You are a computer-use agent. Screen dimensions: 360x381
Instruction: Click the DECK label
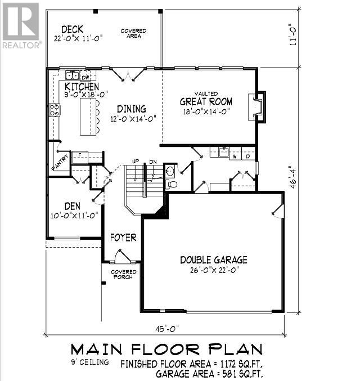pyautogui.click(x=72, y=29)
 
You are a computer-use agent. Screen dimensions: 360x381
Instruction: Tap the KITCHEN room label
pyautogui.click(x=82, y=87)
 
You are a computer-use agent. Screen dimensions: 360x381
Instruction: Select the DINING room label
pyautogui.click(x=132, y=109)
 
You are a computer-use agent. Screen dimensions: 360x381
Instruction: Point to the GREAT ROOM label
pyautogui.click(x=206, y=101)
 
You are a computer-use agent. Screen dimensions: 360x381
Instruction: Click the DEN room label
pyautogui.click(x=73, y=207)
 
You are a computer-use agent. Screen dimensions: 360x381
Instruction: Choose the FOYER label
pyautogui.click(x=123, y=237)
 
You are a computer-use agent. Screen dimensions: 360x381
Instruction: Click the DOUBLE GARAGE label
pyautogui.click(x=214, y=260)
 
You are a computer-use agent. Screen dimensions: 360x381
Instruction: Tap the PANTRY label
pyautogui.click(x=60, y=162)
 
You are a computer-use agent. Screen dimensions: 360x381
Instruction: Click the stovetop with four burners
pyautogui.click(x=55, y=110)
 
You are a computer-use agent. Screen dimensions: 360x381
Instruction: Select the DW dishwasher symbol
pyautogui.click(x=85, y=77)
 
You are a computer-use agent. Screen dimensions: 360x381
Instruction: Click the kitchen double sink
pyautogui.click(x=73, y=75)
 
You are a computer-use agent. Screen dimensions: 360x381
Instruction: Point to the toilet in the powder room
pyautogui.click(x=172, y=185)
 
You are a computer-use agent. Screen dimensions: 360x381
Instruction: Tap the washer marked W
pyautogui.click(x=235, y=156)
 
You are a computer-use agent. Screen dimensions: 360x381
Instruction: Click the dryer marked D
pyautogui.click(x=247, y=156)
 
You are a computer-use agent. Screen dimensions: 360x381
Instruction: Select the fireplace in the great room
pyautogui.click(x=257, y=107)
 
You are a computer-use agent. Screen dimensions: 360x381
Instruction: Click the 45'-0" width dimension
pyautogui.click(x=167, y=329)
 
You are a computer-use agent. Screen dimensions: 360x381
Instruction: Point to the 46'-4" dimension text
pyautogui.click(x=294, y=177)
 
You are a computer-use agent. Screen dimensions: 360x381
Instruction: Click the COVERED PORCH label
pyautogui.click(x=123, y=274)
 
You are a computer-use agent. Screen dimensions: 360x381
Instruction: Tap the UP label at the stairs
pyautogui.click(x=136, y=162)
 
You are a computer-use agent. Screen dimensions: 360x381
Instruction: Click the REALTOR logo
pyautogui.click(x=21, y=25)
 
